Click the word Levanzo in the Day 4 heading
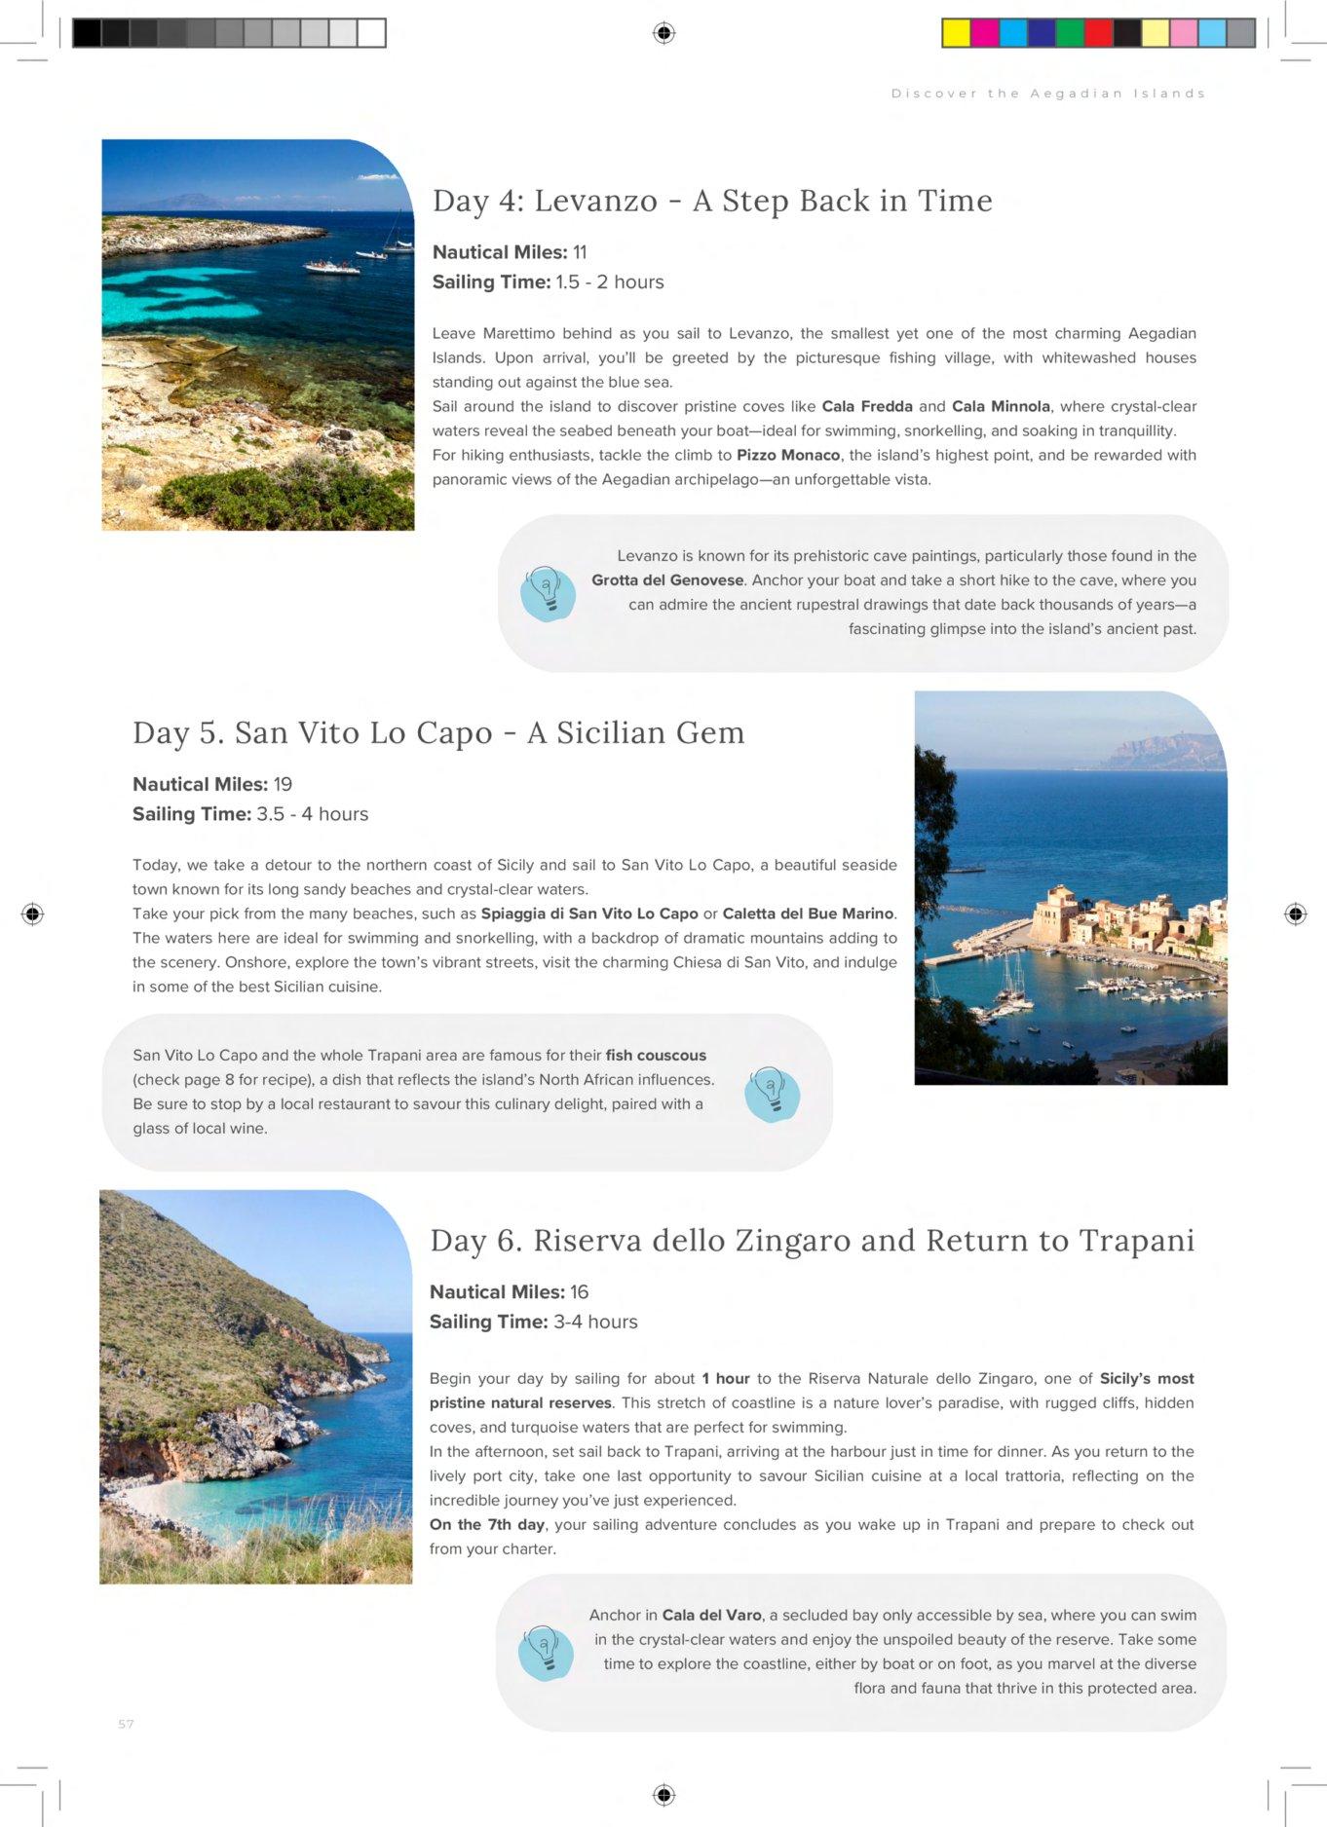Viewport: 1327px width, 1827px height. [x=595, y=201]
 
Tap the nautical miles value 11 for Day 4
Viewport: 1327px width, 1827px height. [x=580, y=252]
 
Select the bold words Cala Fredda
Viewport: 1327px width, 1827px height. [x=867, y=406]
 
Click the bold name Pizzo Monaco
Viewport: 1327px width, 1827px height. [x=788, y=455]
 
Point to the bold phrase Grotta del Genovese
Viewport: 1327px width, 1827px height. [x=667, y=580]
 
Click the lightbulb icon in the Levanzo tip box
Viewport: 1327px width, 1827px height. [x=548, y=593]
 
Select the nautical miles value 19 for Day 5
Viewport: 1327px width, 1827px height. [x=283, y=785]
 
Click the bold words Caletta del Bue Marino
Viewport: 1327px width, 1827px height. [x=808, y=913]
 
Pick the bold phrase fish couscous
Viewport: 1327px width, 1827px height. [x=656, y=1056]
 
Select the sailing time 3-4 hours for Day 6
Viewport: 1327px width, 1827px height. [x=595, y=1322]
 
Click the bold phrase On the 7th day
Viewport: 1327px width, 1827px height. [x=487, y=1524]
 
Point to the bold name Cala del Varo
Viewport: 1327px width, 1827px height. [x=711, y=1615]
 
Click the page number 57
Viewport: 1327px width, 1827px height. [x=126, y=1724]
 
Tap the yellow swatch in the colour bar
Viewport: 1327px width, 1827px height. [x=956, y=33]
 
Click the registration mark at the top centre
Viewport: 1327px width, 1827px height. [x=663, y=33]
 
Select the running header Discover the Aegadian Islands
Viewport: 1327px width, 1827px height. [x=1048, y=93]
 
